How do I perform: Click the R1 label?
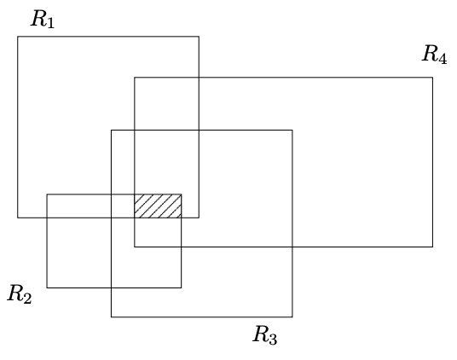43,19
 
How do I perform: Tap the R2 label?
20,294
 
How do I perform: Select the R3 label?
265,335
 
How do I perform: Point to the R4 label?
434,55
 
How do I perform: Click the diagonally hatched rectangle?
158,206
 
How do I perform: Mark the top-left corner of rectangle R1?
18,37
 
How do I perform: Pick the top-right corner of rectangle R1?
199,37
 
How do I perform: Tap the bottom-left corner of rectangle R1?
18,218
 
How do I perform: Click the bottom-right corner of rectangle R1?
199,218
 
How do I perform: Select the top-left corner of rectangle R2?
47,195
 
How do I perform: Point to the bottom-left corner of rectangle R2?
47,287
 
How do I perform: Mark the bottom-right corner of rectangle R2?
182,287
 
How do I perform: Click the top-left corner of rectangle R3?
112,130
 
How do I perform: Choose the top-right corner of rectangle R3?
292,130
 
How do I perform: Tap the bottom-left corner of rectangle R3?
112,316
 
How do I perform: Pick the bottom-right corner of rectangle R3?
292,316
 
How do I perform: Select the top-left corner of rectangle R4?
135,78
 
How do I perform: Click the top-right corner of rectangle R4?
432,78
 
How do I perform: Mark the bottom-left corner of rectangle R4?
135,247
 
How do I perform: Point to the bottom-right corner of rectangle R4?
432,247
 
